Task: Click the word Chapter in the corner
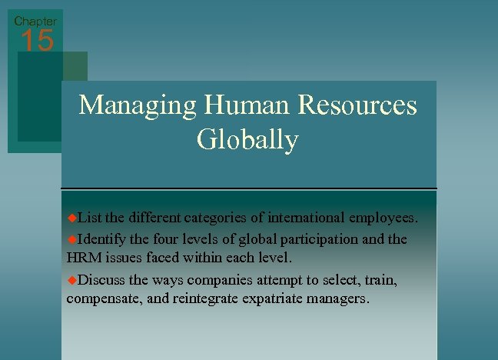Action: tap(35, 21)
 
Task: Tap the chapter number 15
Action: tap(37, 42)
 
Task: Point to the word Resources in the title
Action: tap(359, 105)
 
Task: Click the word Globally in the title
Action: tap(247, 140)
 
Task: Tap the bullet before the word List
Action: tap(72, 218)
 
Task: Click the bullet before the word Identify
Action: tap(72, 238)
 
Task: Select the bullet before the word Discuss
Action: tap(72, 278)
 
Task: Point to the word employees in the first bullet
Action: tap(383, 218)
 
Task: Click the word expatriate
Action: tap(269, 298)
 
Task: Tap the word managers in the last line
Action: tap(337, 298)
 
